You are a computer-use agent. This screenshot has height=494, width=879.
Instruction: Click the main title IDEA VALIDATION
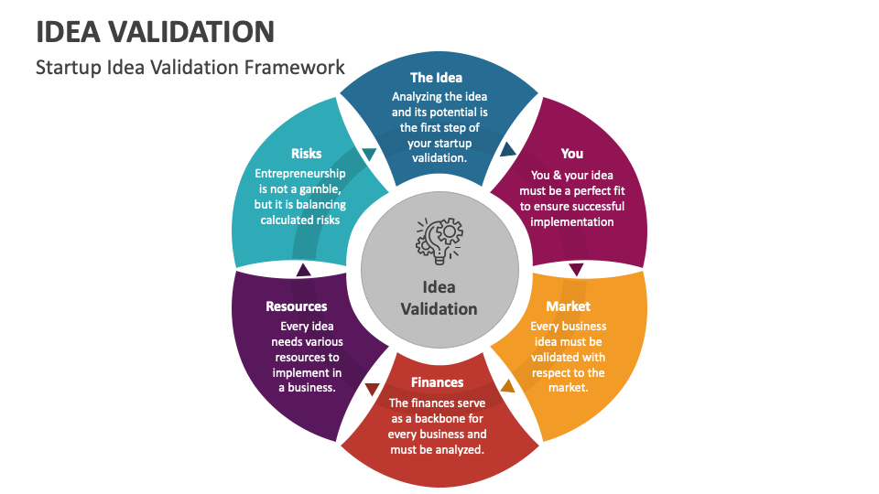156,32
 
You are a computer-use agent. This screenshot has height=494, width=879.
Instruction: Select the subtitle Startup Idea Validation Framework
190,67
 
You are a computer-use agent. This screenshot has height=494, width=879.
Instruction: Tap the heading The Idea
436,77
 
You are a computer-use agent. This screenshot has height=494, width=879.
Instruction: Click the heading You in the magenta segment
571,154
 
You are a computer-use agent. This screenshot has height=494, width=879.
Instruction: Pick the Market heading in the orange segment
568,306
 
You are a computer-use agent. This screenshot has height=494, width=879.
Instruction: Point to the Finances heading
438,382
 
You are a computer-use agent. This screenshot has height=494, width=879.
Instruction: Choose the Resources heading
297,306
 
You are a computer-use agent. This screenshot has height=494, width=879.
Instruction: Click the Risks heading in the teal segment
306,154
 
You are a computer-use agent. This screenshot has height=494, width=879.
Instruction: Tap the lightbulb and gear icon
439,241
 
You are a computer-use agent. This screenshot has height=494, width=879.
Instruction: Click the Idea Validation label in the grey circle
439,298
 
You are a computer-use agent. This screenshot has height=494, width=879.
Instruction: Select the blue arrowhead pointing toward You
507,149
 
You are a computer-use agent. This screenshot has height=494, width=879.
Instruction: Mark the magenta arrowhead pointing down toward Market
576,269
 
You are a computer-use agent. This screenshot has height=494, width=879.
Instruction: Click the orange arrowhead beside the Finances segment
507,386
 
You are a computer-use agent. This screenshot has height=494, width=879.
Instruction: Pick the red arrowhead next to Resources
373,389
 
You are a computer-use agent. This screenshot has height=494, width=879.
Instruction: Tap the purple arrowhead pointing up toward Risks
303,270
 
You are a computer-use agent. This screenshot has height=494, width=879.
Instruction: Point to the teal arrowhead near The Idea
369,154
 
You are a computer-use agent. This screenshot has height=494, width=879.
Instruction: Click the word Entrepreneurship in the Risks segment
300,174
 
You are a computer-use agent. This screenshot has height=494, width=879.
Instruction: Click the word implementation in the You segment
571,221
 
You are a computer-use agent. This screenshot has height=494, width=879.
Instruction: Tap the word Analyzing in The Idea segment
417,97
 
